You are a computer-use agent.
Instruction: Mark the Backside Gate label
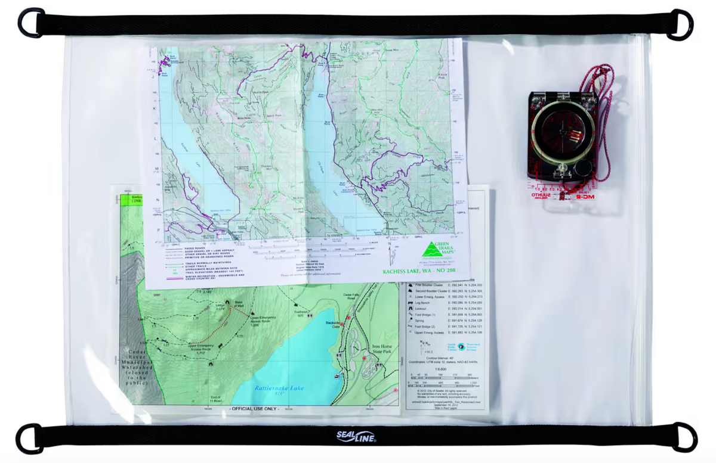tap(334, 324)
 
